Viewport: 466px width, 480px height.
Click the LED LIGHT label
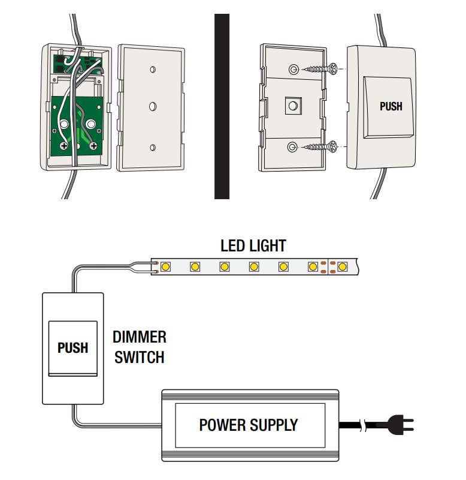tap(253, 245)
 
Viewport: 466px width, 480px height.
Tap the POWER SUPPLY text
tap(248, 425)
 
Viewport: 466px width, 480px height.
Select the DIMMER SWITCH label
tap(140, 347)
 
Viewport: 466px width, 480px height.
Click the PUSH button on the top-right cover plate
tap(391, 106)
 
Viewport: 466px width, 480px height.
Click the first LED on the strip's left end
tap(165, 266)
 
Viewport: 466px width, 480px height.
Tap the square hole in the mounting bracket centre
tap(292, 106)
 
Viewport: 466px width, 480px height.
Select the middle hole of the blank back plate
tap(153, 106)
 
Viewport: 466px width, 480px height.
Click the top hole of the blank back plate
tap(153, 67)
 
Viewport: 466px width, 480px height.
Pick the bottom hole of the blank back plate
tap(153, 146)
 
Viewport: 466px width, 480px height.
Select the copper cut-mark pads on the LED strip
tap(326, 267)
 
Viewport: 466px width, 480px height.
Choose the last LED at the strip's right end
tap(342, 266)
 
